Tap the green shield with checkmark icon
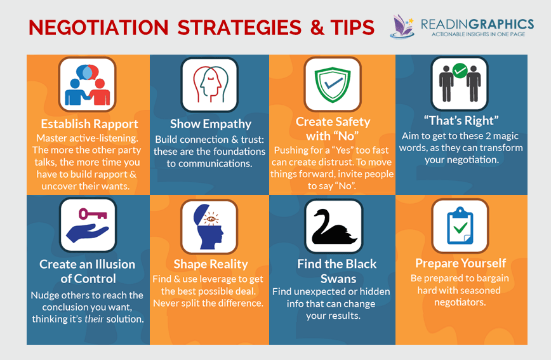pyautogui.click(x=332, y=84)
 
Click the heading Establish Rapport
pyautogui.click(x=89, y=124)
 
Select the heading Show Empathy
pyautogui.click(x=210, y=124)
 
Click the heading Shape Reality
pyautogui.click(x=211, y=264)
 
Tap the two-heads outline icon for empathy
pyautogui.click(x=209, y=84)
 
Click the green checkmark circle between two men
pyautogui.click(x=460, y=70)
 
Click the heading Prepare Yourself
pyautogui.click(x=461, y=263)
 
